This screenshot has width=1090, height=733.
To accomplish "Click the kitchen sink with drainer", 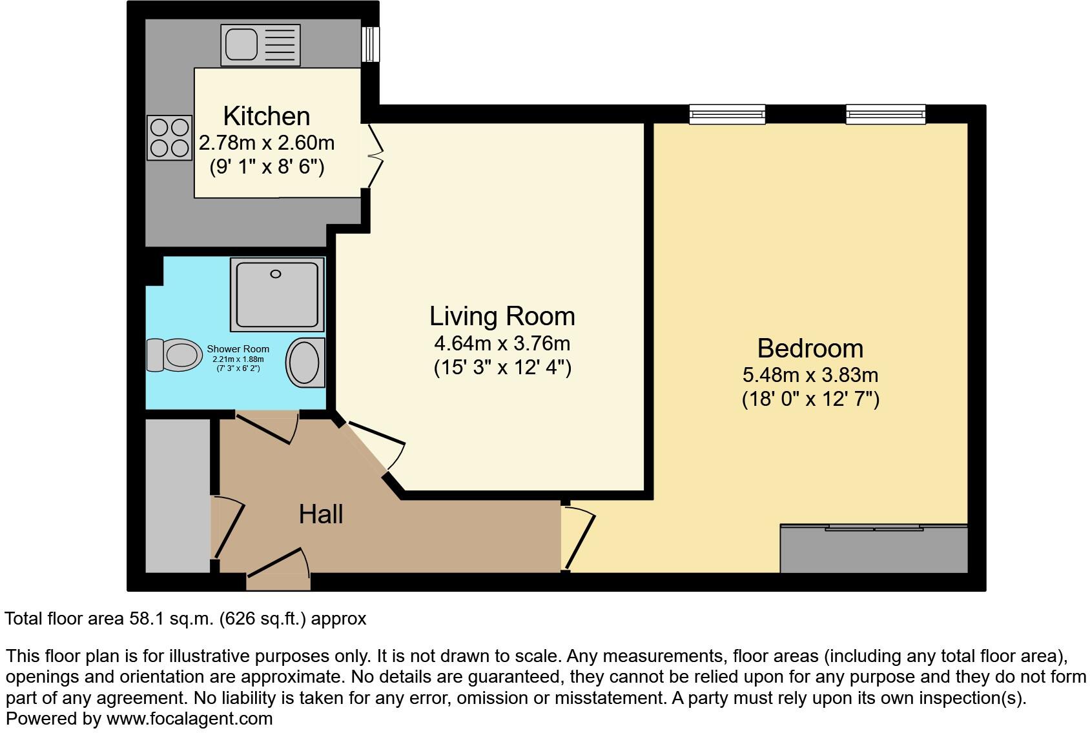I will (260, 45).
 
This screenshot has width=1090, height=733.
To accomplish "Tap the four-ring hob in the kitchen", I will (170, 137).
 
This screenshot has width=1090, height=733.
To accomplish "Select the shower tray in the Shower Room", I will (276, 294).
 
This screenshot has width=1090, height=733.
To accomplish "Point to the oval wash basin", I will (304, 363).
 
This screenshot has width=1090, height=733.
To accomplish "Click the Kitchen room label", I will (266, 116).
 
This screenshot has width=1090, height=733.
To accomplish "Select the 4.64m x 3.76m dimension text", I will (502, 343).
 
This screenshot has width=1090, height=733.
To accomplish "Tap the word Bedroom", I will (810, 348).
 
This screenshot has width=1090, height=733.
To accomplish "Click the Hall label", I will (320, 514).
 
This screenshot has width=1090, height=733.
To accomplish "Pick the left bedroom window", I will (727, 115).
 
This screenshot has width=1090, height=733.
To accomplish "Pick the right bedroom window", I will (885, 115).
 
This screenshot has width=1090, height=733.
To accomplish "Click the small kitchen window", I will (370, 44).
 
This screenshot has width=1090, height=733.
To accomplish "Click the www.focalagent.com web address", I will (189, 718).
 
